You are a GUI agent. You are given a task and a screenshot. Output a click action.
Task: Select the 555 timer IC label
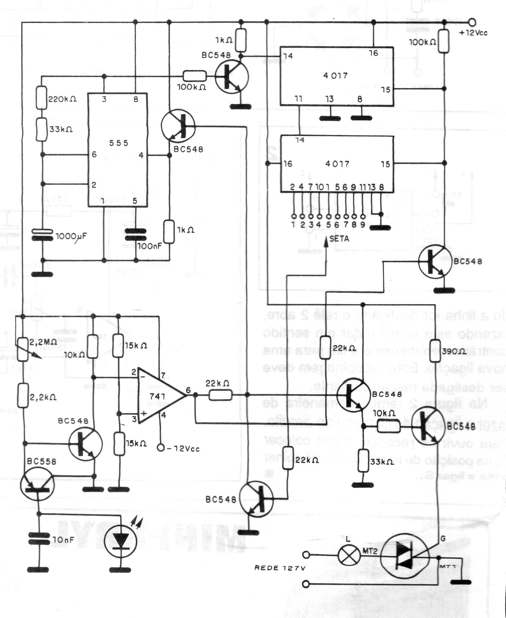pos(119,143)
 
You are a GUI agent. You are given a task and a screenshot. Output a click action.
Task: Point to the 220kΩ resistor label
pos(63,99)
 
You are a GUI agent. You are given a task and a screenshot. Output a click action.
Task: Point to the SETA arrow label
pos(339,239)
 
